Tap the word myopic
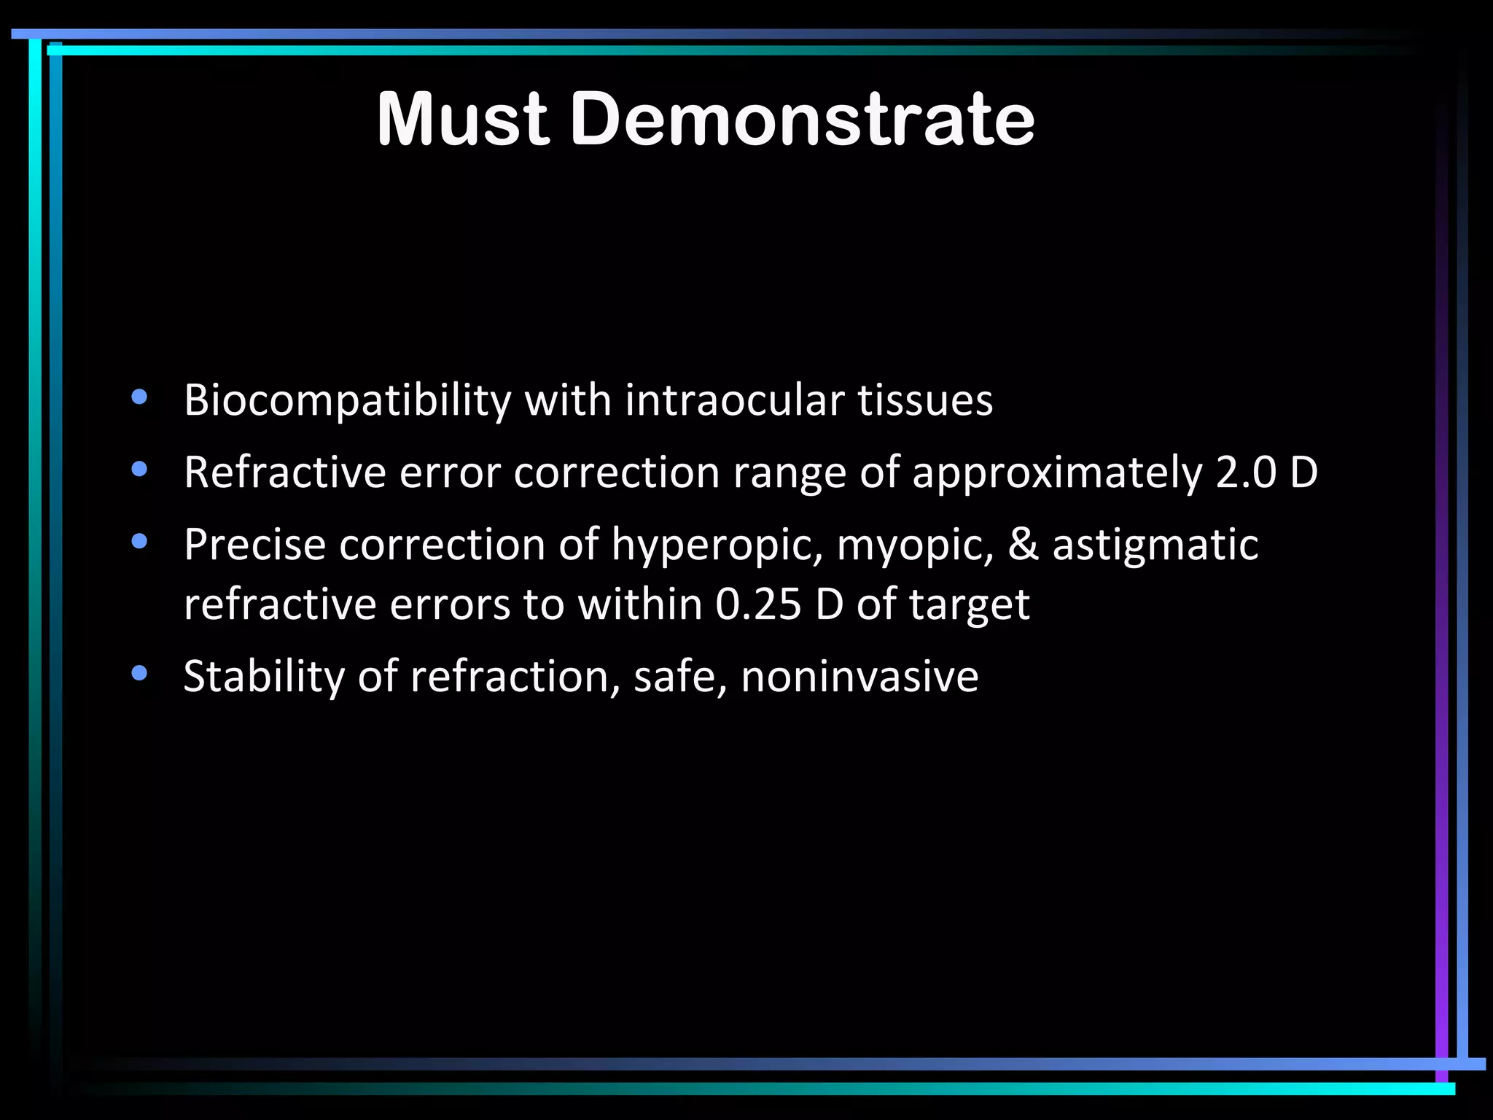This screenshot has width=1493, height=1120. [x=915, y=545]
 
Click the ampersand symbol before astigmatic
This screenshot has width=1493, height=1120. [x=1024, y=545]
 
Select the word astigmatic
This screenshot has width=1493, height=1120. [x=1155, y=545]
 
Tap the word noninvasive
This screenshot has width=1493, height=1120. [x=859, y=676]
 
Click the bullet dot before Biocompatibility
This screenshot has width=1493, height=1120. [x=139, y=398]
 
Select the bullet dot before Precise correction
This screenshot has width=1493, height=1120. [x=139, y=542]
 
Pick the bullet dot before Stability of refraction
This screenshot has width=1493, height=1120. [x=139, y=674]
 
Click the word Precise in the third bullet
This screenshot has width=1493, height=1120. [x=254, y=545]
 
